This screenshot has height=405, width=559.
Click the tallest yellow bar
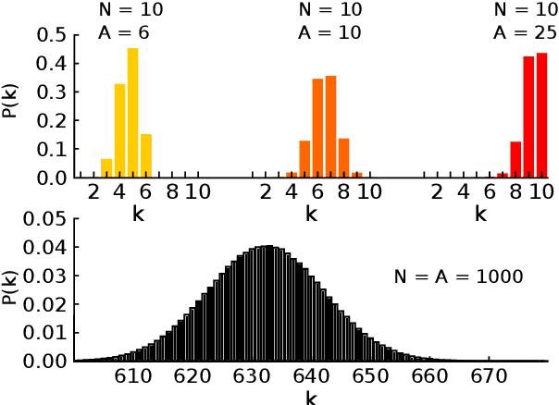click(x=132, y=113)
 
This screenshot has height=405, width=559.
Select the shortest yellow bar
click(x=106, y=167)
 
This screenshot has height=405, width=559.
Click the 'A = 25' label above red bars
click(x=524, y=32)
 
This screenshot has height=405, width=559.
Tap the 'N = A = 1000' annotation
click(x=455, y=276)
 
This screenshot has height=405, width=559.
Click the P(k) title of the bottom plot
click(x=12, y=289)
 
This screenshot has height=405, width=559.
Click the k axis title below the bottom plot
click(x=310, y=398)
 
